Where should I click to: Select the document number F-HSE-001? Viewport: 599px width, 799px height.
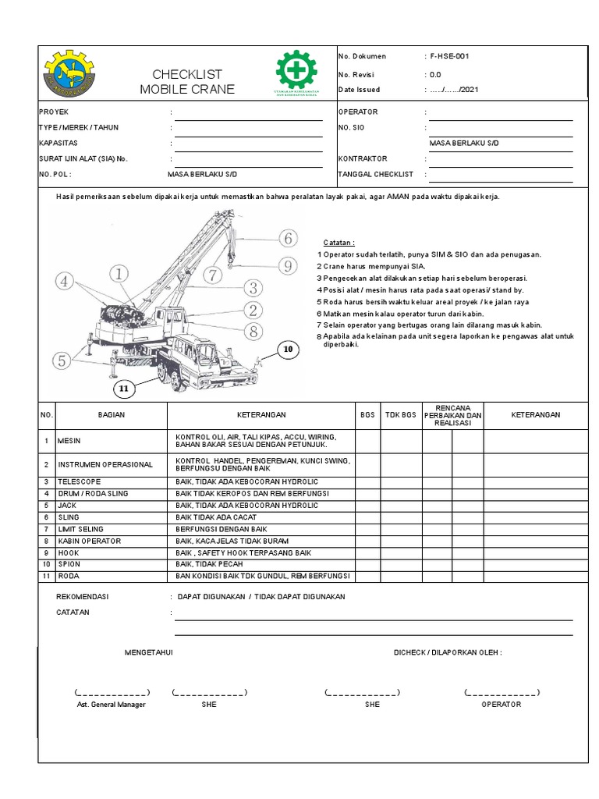(x=449, y=56)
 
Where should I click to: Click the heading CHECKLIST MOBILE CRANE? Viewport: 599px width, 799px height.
(x=187, y=82)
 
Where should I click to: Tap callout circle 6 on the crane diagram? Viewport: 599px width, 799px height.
(x=287, y=238)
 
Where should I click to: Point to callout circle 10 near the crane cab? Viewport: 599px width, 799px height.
(x=287, y=350)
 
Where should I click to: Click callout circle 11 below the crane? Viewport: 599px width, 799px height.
(x=123, y=388)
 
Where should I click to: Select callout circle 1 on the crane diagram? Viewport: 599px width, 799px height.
(x=119, y=273)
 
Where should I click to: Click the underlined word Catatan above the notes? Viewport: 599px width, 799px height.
(x=338, y=243)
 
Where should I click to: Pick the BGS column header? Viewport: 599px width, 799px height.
(x=367, y=415)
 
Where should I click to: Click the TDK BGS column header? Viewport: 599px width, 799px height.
(x=400, y=415)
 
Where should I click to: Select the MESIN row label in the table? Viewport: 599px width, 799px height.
(x=69, y=441)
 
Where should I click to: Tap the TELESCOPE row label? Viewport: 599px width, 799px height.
(x=76, y=482)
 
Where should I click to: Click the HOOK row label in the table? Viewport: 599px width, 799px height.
(x=68, y=552)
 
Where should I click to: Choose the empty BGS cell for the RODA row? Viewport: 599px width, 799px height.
(x=367, y=576)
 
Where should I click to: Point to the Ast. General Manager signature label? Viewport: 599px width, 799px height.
(x=111, y=704)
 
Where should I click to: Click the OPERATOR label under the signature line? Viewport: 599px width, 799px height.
(x=501, y=704)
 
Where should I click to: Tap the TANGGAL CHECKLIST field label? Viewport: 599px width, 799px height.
(x=375, y=174)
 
